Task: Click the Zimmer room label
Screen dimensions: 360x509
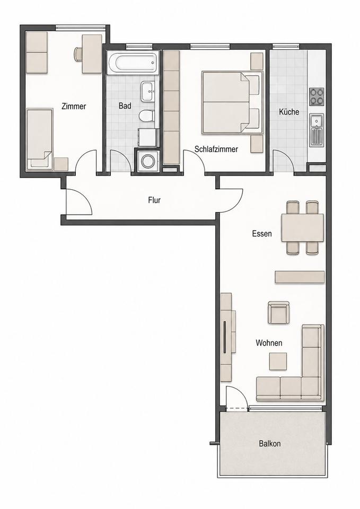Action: [74, 106]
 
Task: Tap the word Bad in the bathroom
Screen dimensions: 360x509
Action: [125, 106]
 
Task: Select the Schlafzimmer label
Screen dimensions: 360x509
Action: [216, 149]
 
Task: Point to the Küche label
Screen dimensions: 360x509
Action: [289, 112]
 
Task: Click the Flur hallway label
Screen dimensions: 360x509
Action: [154, 200]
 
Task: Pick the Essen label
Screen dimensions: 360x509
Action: [262, 233]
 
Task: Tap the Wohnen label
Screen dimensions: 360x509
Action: [269, 343]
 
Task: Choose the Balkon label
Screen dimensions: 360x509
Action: [270, 443]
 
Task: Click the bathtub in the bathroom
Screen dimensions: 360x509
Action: [133, 63]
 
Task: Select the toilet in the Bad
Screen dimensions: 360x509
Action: [147, 116]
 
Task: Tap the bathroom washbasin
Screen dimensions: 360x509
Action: [148, 91]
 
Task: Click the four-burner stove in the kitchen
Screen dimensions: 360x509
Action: [317, 96]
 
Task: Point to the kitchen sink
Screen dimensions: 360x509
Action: [317, 130]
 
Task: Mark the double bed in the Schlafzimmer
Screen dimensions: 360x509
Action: [232, 102]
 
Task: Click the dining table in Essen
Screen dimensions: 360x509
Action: [303, 227]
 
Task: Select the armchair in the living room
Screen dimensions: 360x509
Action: [278, 312]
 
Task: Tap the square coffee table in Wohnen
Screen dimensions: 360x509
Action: [278, 361]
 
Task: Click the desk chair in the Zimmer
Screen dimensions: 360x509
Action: [78, 54]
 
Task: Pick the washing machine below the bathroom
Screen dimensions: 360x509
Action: [148, 161]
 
